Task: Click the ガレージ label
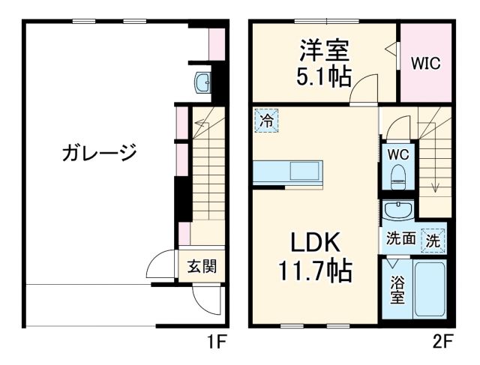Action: tap(99, 154)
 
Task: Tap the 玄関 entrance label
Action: tap(202, 265)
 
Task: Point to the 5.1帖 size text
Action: tap(325, 76)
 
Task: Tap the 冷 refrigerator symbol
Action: tap(266, 119)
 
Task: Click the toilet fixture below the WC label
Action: tap(397, 178)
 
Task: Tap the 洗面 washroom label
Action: tap(400, 240)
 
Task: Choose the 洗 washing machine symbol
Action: tap(433, 241)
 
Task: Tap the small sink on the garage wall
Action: tap(202, 82)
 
